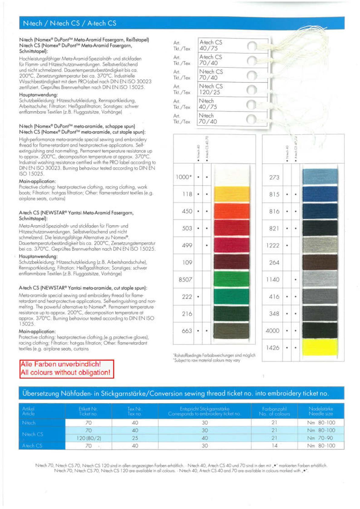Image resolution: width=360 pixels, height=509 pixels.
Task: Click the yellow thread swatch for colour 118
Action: click(231, 194)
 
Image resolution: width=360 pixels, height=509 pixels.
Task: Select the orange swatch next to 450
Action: click(231, 211)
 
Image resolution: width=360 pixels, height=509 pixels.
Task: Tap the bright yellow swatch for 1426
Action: click(319, 348)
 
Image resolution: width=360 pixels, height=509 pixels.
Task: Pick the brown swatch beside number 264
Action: click(319, 262)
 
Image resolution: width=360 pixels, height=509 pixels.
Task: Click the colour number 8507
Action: click(185, 280)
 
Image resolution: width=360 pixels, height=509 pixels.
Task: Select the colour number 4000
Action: click(272, 331)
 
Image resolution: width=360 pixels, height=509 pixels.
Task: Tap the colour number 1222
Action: click(272, 245)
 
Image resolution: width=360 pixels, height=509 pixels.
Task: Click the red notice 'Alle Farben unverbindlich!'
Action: click(61, 364)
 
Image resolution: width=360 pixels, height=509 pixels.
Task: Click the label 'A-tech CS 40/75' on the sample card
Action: click(211, 45)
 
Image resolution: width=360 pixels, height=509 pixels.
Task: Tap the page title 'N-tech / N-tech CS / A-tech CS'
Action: click(70, 23)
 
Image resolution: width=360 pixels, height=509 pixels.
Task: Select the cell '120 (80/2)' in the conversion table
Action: click(88, 438)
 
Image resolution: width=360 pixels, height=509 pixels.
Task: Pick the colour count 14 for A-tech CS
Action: click(274, 445)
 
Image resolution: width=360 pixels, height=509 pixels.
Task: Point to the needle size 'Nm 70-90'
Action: click(321, 438)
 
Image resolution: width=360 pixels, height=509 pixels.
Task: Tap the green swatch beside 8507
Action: click(231, 280)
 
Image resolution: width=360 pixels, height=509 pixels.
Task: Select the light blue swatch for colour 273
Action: click(319, 177)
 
